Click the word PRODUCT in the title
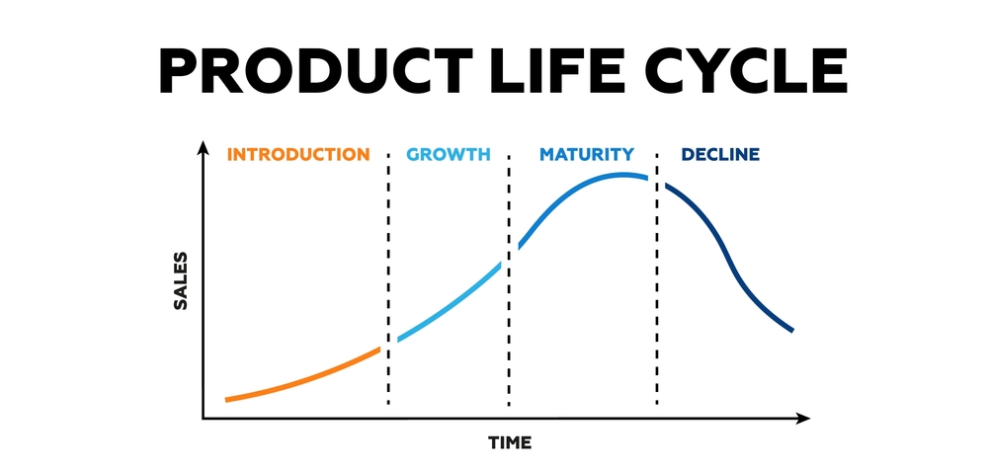tap(316, 70)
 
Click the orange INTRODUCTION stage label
tap(298, 154)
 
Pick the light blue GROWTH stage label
tap(448, 154)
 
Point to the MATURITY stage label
tap(587, 154)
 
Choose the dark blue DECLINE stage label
tap(720, 154)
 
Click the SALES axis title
tap(181, 281)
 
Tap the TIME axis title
tap(510, 442)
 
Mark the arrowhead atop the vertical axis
tap(203, 147)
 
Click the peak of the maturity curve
tap(620, 175)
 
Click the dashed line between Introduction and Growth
tap(388, 278)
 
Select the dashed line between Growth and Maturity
tap(509, 278)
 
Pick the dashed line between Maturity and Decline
tap(657, 278)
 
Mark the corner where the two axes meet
tap(203, 419)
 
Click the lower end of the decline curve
tap(792, 330)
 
